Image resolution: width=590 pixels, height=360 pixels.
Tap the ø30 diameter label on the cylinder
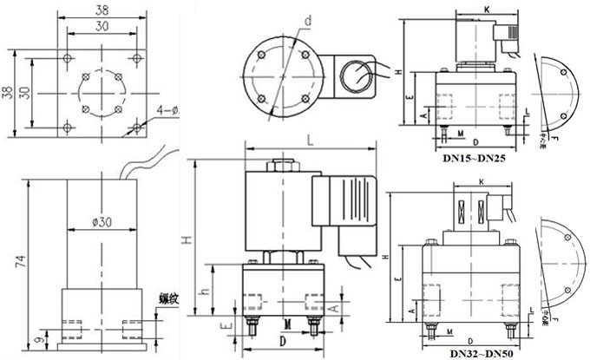pos(103,223)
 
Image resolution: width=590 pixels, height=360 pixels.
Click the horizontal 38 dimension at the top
pos(102,10)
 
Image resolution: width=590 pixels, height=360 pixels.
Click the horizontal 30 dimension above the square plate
pos(102,26)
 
